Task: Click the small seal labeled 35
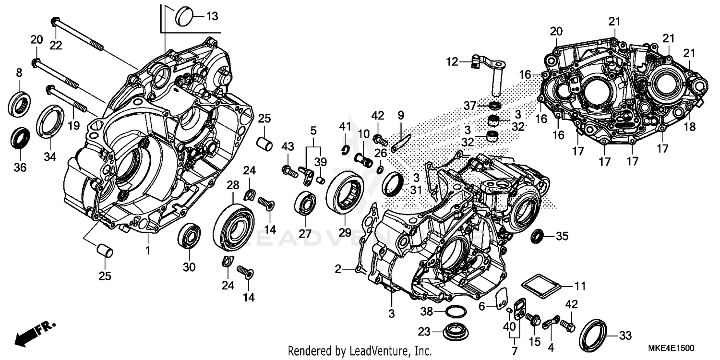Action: [538, 236]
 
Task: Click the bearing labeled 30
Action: [189, 236]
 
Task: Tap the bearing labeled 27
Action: [305, 204]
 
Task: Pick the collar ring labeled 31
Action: [393, 184]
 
